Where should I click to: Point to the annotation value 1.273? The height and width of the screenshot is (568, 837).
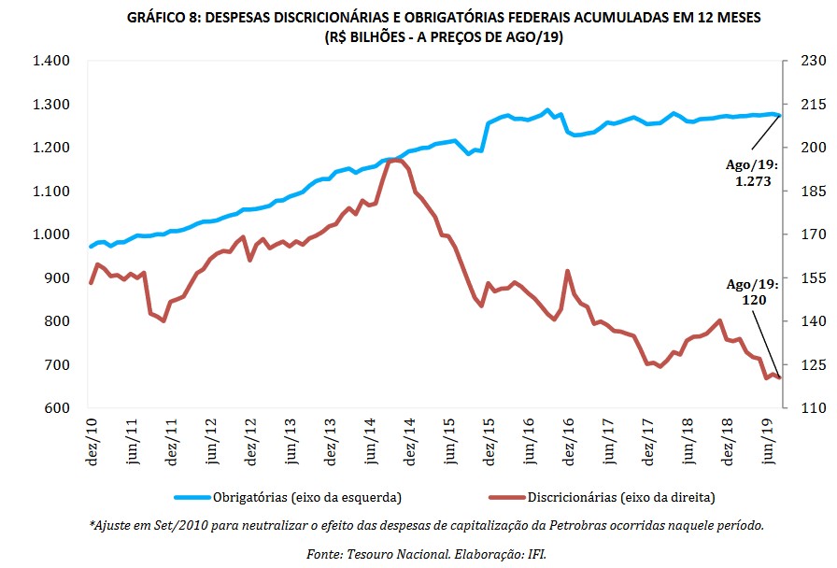pyautogui.click(x=752, y=182)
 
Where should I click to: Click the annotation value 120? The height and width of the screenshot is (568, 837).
pyautogui.click(x=754, y=301)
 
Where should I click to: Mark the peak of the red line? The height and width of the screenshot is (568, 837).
pyautogui.click(x=395, y=161)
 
